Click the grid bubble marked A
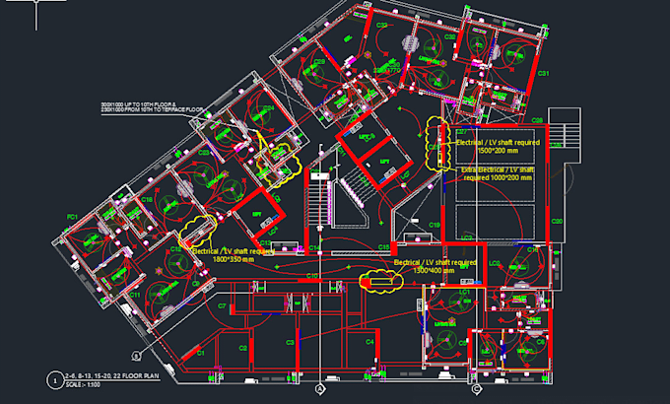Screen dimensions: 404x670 coord(320,390)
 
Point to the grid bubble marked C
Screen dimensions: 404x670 coord(476,390)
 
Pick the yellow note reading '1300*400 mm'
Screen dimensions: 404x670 coord(435,271)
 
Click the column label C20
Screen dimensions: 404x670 coord(557,221)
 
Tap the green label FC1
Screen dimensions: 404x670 coord(72,216)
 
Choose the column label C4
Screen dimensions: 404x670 coord(369,341)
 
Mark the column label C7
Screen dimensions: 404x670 coord(223,306)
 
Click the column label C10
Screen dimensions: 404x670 coord(310,277)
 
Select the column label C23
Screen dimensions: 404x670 coord(203,154)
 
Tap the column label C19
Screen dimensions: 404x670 coord(434,226)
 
